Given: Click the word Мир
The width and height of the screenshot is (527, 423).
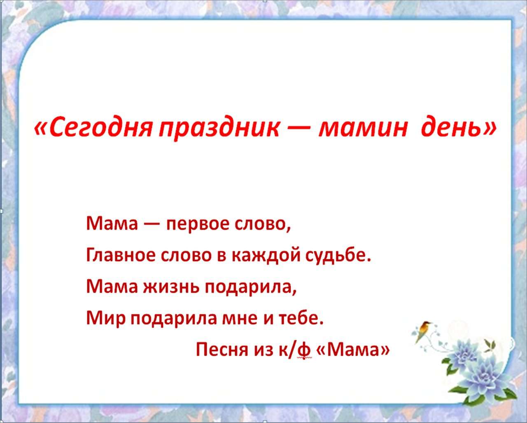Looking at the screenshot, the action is (x=106, y=319).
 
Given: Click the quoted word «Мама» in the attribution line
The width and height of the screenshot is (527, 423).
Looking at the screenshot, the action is (x=353, y=349).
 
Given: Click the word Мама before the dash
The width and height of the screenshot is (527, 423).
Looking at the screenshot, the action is (x=112, y=224).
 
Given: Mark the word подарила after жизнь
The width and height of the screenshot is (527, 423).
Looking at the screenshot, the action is (x=250, y=288).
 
